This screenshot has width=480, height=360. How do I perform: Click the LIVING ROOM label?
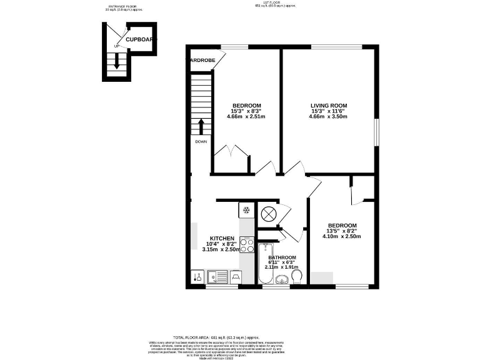[328, 105]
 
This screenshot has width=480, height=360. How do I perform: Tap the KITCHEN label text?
[222, 238]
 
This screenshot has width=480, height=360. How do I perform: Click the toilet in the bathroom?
[297, 276]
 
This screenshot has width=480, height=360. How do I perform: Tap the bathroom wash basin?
[282, 279]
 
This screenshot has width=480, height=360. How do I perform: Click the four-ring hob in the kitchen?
[247, 244]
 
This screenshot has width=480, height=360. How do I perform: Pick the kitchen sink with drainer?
[217, 276]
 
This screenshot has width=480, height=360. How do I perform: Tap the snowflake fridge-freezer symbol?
[246, 209]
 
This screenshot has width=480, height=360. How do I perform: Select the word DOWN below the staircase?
[201, 142]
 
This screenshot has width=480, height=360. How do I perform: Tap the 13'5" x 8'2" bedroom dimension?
[342, 231]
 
